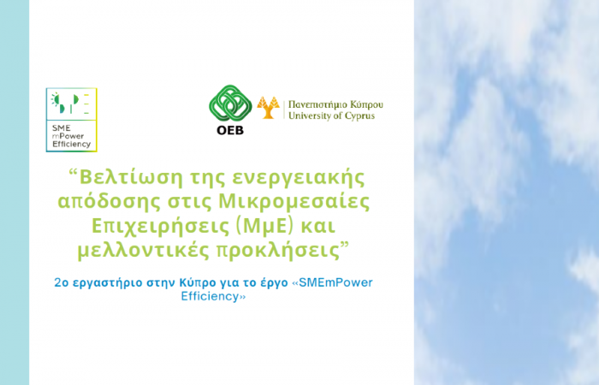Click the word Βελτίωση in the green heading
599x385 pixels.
point(127,177)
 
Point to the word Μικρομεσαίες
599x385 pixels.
point(294,202)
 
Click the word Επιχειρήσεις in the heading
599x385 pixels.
point(159,227)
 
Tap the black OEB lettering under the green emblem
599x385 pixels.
point(230,130)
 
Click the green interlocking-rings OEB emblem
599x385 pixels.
point(230,104)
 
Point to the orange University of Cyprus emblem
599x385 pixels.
point(268,107)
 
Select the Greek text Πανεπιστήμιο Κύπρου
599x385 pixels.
point(335,104)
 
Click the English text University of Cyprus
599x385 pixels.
point(332,115)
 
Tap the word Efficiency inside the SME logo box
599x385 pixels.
point(71,145)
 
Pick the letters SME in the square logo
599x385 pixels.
point(61,128)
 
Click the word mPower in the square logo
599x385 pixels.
point(68,136)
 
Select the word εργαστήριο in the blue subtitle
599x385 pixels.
point(107,283)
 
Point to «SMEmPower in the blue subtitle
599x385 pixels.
point(332,282)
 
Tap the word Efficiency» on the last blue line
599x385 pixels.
point(213,296)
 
